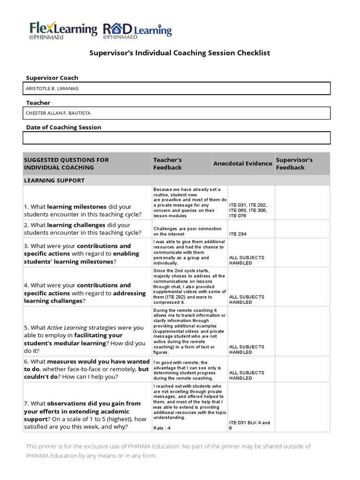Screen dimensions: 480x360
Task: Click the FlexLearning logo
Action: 63,30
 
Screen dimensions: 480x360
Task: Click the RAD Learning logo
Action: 137,30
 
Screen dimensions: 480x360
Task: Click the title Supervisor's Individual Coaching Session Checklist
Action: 180,53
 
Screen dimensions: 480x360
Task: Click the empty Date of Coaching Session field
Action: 177,138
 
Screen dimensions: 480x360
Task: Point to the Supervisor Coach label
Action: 52,78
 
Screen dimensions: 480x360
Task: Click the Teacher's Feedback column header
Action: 167,164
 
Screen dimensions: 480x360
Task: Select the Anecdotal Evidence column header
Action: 242,164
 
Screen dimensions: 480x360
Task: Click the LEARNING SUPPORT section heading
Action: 54,180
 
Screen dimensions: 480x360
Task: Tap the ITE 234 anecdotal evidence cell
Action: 238,234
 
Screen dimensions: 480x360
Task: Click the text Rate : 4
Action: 163,428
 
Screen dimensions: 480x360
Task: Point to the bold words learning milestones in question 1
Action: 77,207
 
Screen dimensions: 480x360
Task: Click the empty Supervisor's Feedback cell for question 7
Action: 302,407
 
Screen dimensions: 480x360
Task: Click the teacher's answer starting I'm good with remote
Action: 187,370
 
